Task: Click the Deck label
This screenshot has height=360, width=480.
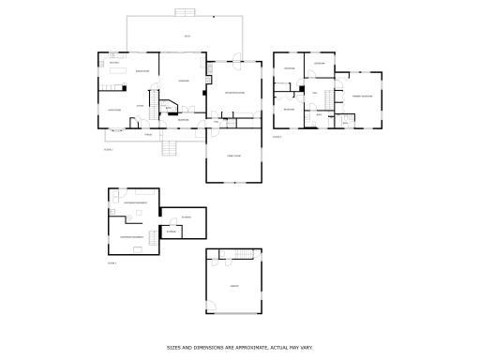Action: pyautogui.click(x=187, y=36)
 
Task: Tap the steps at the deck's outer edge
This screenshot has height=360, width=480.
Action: pyautogui.click(x=186, y=12)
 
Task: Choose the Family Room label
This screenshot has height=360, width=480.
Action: pyautogui.click(x=233, y=156)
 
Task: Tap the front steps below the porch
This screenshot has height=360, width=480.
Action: pyautogui.click(x=170, y=147)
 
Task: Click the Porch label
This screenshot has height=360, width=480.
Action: pyautogui.click(x=147, y=134)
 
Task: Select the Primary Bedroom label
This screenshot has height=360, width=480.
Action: pyautogui.click(x=362, y=97)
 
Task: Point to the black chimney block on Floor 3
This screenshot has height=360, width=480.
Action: pyautogui.click(x=301, y=90)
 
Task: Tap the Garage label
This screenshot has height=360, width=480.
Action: pyautogui.click(x=233, y=286)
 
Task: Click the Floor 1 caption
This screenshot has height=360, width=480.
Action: pyautogui.click(x=112, y=264)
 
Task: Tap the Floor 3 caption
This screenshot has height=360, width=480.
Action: pyautogui.click(x=277, y=137)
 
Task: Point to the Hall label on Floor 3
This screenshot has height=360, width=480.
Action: pyautogui.click(x=315, y=93)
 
